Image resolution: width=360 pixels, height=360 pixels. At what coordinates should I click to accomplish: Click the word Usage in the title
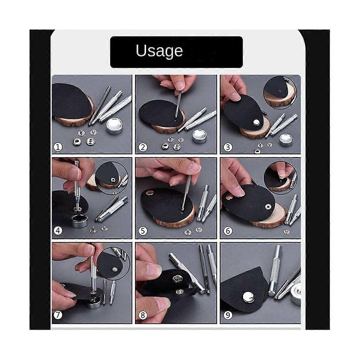[159, 51]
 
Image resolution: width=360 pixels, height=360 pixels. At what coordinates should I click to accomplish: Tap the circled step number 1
[58, 147]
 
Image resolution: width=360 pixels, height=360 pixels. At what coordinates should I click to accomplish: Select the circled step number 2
[143, 147]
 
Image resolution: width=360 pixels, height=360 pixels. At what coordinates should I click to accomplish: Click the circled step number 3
[228, 147]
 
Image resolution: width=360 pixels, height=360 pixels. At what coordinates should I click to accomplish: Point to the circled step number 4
[58, 231]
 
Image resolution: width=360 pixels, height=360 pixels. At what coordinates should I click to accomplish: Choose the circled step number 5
[143, 231]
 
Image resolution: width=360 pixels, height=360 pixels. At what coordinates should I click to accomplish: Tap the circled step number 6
[228, 231]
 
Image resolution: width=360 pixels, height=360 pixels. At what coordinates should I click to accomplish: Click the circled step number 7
[58, 315]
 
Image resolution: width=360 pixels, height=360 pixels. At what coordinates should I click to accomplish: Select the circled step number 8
[143, 315]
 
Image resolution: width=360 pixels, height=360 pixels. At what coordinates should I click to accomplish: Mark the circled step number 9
[228, 315]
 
